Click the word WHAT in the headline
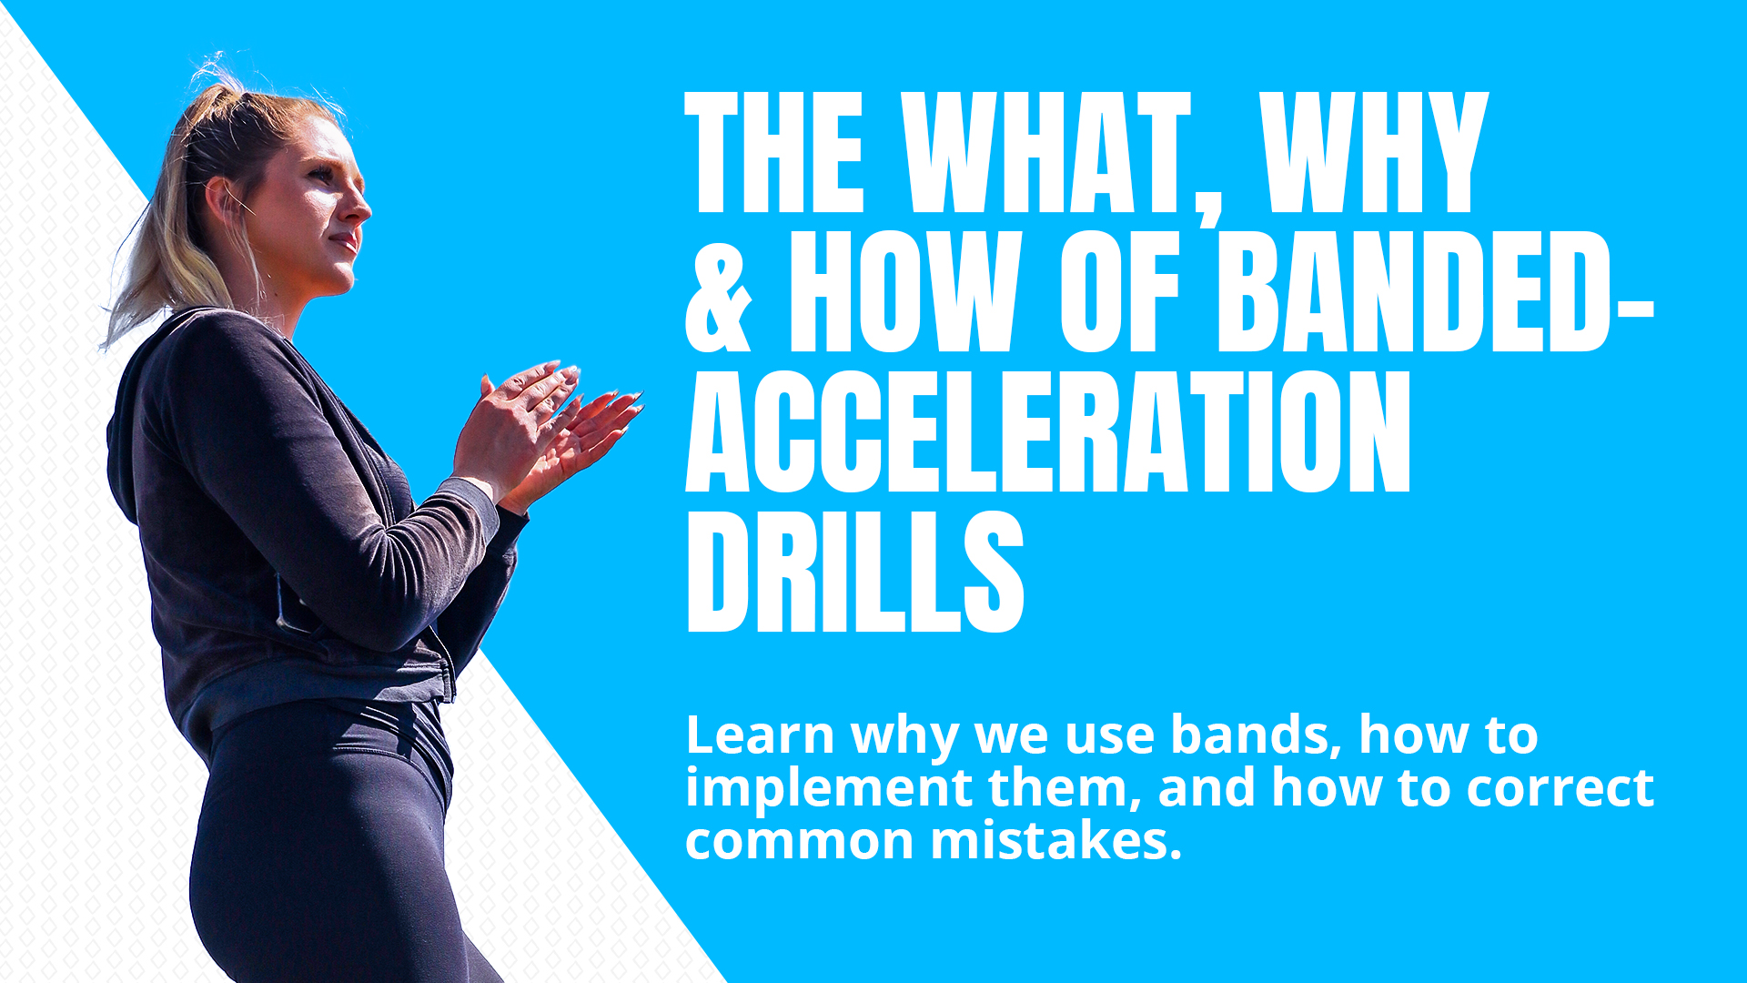[x=1046, y=153]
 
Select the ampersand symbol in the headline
[x=719, y=293]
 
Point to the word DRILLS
[x=855, y=572]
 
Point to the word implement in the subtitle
[x=828, y=788]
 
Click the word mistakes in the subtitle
[x=1055, y=841]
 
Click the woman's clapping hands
[x=546, y=428]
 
